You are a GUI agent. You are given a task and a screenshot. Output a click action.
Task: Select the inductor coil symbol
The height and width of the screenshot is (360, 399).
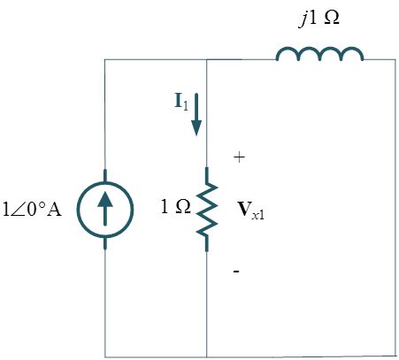319,55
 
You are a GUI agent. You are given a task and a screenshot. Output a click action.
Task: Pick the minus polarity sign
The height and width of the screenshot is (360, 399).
236,272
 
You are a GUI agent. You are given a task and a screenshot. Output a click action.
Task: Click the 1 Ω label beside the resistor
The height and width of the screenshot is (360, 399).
175,210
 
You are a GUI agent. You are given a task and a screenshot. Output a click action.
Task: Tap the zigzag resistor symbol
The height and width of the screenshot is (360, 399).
206,210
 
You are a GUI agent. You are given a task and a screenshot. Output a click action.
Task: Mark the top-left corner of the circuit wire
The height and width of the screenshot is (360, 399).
105,60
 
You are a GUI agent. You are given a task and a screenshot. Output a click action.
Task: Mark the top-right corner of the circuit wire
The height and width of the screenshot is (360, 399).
395,60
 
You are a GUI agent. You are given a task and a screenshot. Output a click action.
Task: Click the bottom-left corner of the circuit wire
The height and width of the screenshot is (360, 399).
105,356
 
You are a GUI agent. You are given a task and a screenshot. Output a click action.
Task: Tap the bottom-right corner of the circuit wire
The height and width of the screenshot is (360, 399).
395,356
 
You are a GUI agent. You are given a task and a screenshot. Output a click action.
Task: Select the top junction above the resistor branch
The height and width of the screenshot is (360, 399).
206,60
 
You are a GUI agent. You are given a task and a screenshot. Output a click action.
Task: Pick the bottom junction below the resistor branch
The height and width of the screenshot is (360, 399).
206,356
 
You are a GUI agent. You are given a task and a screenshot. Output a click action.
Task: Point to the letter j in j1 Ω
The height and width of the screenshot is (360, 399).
303,19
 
